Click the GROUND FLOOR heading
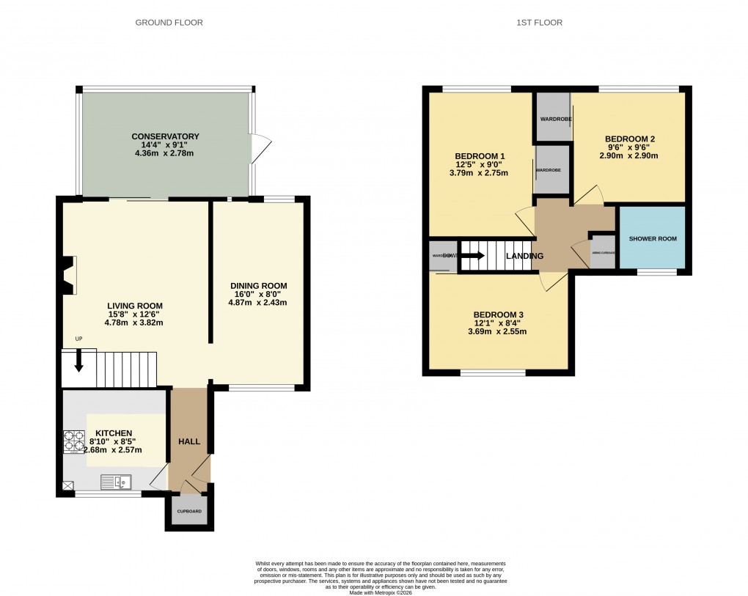coord(169,23)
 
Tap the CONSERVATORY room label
coord(165,136)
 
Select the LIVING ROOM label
coord(135,306)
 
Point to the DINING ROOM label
coord(258,285)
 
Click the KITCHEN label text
coord(113,433)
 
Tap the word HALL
coord(189,441)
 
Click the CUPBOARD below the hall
coord(189,510)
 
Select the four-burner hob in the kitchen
coord(74,441)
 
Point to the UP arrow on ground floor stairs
coord(78,359)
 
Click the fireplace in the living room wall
coord(68,275)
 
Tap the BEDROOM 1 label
coord(480,156)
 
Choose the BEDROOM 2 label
coord(629,139)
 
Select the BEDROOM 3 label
coord(498,314)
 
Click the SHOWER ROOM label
coord(653,239)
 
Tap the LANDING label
coord(525,256)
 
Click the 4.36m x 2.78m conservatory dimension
coord(165,154)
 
